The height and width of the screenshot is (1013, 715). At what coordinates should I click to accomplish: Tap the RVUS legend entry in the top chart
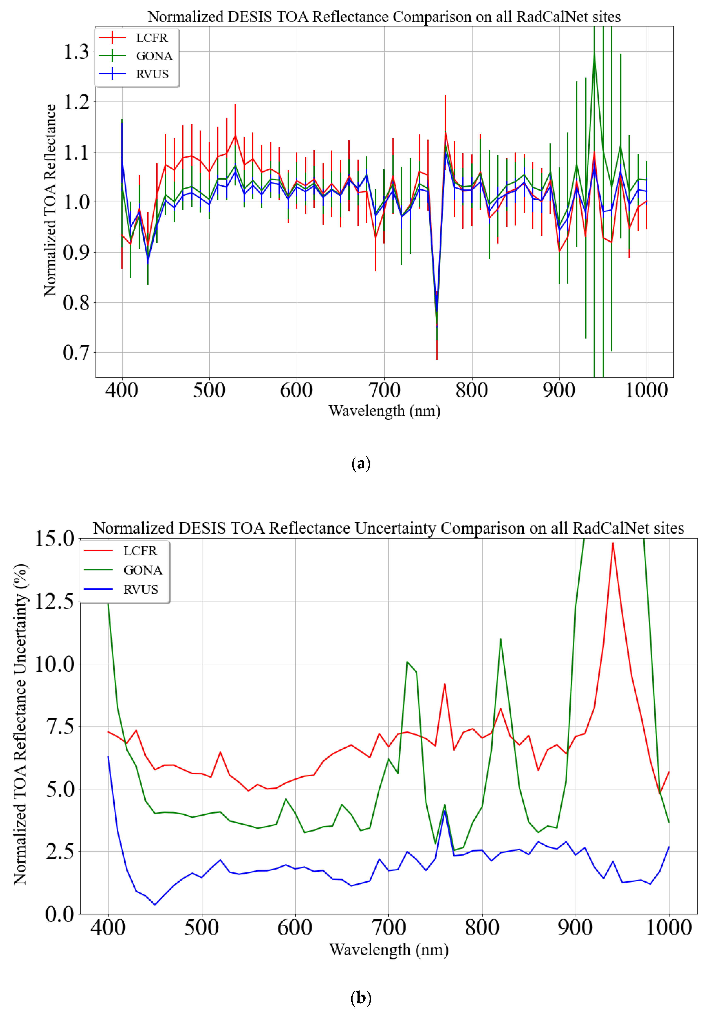(152, 74)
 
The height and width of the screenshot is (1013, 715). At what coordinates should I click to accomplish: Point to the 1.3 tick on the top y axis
(76, 52)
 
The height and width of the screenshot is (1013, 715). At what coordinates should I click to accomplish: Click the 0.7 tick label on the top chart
(76, 353)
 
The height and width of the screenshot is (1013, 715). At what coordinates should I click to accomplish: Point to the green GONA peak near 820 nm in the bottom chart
(500, 639)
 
